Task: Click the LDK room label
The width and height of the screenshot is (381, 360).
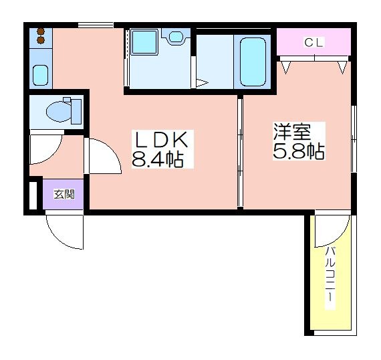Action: click(163, 141)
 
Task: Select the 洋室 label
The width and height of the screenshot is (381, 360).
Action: click(289, 131)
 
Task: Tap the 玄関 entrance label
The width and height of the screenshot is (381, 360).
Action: click(63, 195)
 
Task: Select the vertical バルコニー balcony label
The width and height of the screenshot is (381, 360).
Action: click(331, 274)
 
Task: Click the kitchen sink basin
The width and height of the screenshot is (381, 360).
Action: click(40, 75)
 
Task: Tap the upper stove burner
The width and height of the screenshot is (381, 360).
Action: click(40, 31)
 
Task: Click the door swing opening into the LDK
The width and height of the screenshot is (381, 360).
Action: click(99, 157)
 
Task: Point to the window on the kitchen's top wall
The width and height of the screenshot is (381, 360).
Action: click(95, 25)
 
